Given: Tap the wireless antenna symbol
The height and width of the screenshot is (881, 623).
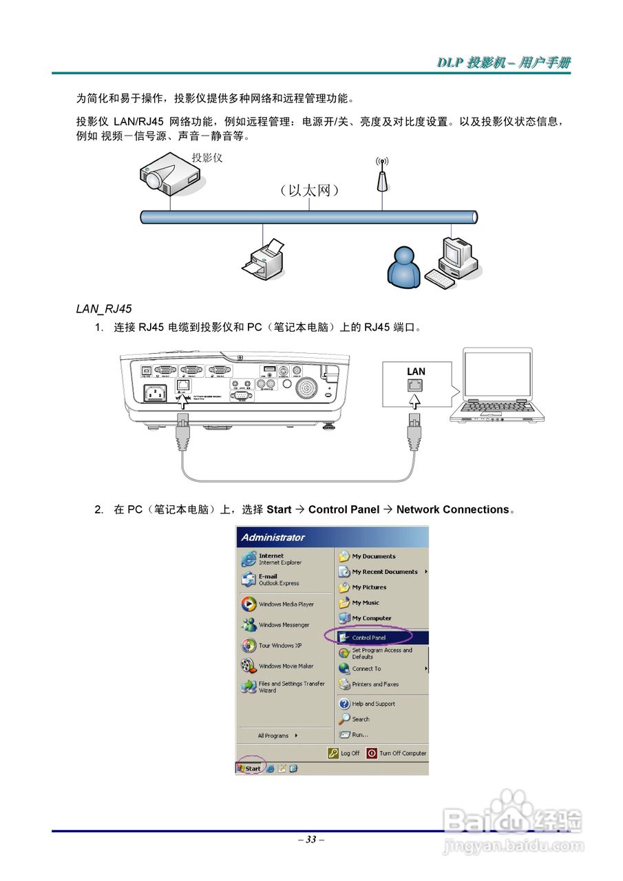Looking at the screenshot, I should coord(382,175).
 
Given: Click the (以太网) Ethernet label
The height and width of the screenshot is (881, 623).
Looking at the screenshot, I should coord(309,190).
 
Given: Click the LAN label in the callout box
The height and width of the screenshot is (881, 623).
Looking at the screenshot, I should coord(416,372).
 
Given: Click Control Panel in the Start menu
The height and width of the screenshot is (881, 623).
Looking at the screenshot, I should coord(369,637).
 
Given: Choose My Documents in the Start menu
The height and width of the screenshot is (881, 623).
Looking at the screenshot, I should coord(374,556).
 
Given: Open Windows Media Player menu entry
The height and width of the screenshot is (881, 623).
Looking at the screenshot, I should coord(286,604).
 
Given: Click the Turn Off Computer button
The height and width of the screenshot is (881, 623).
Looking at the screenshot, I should coord(397,753).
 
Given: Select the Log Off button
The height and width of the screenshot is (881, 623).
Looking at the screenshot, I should coord(344,753).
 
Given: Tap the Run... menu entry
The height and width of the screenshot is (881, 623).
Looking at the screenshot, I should coord(359,734).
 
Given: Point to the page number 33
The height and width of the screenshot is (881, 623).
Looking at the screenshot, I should coord(311,839).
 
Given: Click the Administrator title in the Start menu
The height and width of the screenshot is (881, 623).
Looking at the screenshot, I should coord(273,538).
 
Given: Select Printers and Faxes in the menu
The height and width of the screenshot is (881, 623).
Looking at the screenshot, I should coord(375,684).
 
